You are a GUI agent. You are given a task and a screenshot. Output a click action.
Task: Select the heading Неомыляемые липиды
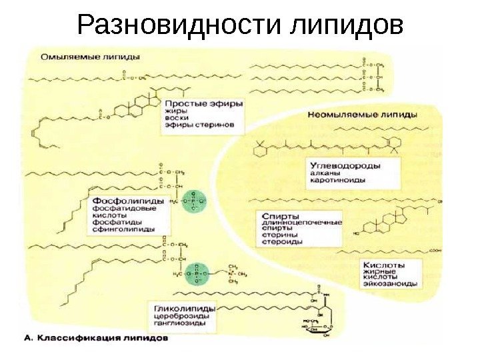coord(363,114)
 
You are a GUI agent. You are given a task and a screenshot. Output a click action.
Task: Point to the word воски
coord(176,119)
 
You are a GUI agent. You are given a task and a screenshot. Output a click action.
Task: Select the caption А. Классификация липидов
coord(96,338)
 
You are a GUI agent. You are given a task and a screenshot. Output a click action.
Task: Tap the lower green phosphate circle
coord(195,273)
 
